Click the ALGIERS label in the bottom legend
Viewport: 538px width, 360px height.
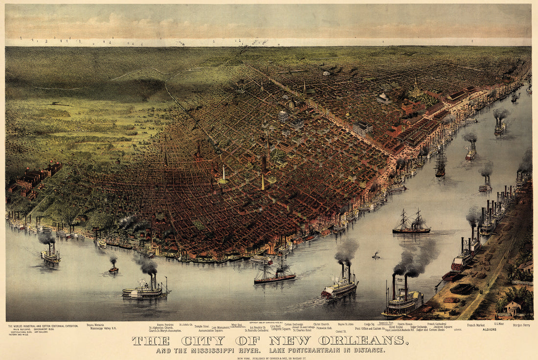click(x=489, y=330)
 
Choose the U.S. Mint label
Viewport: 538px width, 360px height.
click(x=498, y=323)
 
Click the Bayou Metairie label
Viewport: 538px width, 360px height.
click(x=95, y=324)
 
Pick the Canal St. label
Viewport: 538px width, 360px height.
click(x=341, y=331)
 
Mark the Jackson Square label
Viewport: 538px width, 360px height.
click(x=443, y=327)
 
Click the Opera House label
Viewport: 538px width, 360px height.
click(x=405, y=324)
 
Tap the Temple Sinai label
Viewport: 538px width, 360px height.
click(x=202, y=326)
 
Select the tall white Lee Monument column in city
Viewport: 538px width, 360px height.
click(x=224, y=174)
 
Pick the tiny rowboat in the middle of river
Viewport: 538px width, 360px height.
click(x=376, y=255)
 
